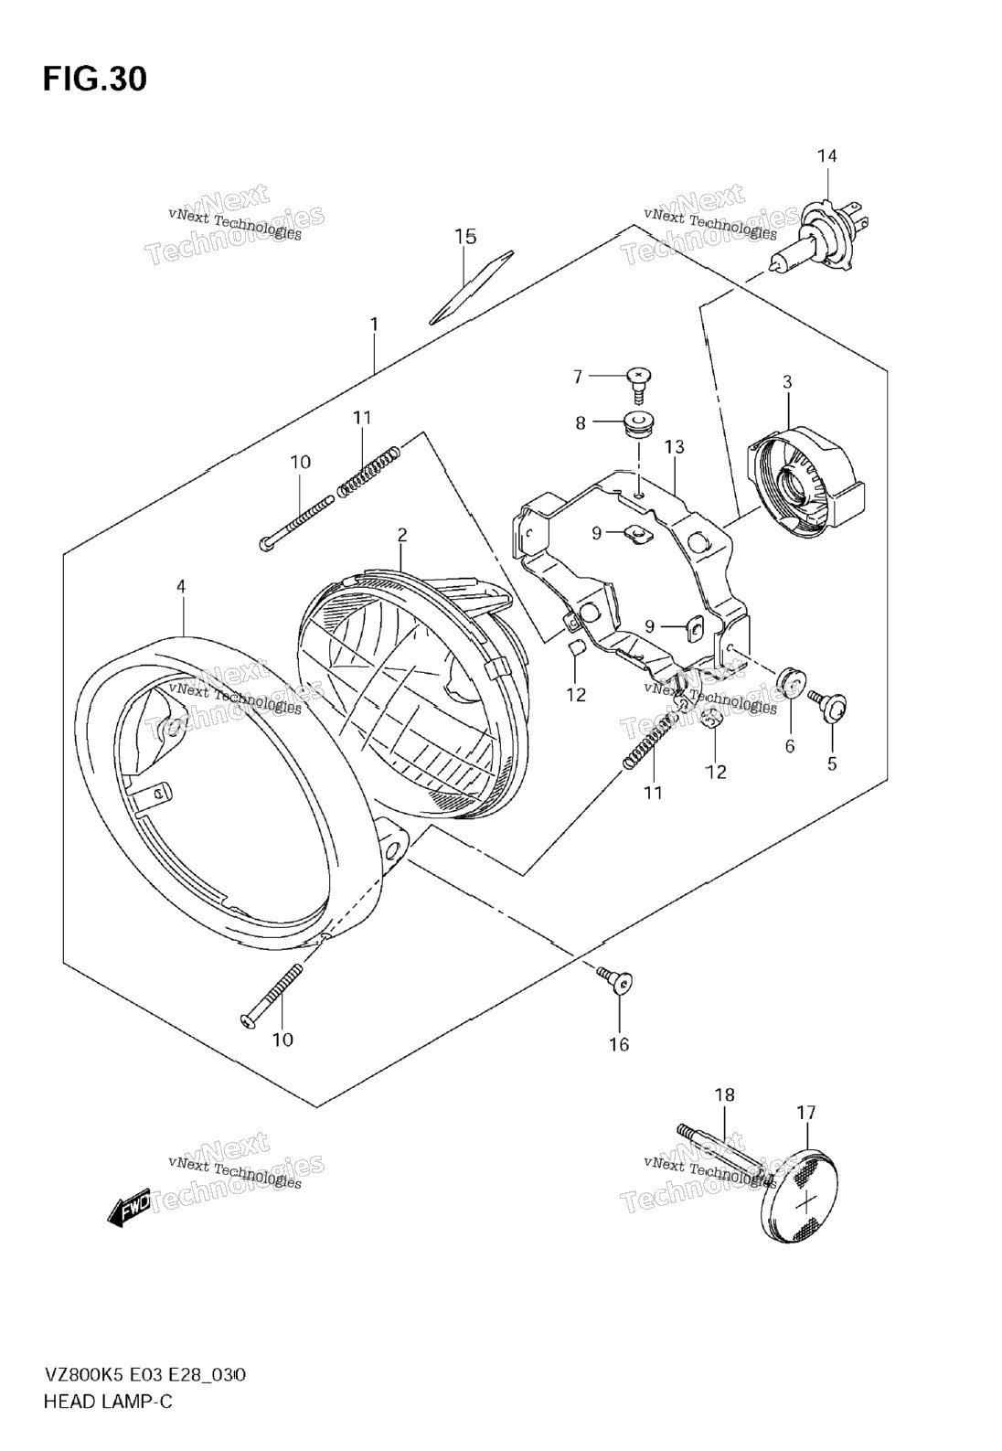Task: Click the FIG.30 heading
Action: tap(93, 80)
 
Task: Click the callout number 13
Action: tap(675, 447)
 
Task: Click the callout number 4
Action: tap(181, 586)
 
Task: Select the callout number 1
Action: tap(374, 324)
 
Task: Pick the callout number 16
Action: tap(619, 1044)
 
